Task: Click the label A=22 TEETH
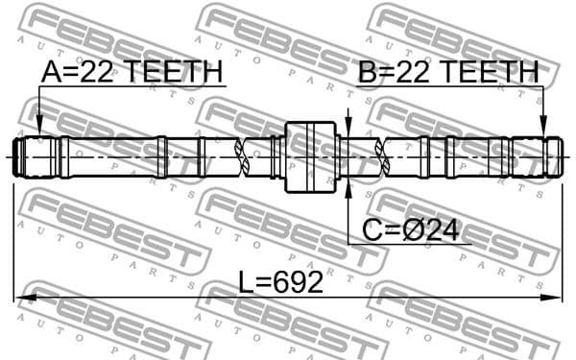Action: pyautogui.click(x=132, y=71)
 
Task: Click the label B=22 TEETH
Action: pyautogui.click(x=447, y=71)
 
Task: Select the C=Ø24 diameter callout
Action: pyautogui.click(x=409, y=229)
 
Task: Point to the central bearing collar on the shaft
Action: pyautogui.click(x=313, y=155)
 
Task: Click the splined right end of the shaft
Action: pyautogui.click(x=537, y=156)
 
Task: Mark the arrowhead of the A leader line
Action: pyautogui.click(x=38, y=128)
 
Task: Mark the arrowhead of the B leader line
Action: pyautogui.click(x=542, y=128)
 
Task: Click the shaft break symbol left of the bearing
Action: pyautogui.click(x=252, y=156)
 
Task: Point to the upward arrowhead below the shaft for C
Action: pyautogui.click(x=348, y=185)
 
